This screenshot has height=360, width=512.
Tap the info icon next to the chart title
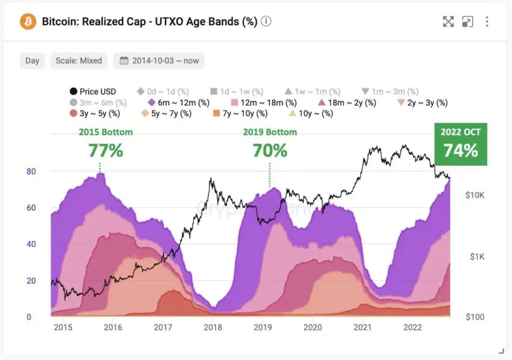(x=266, y=22)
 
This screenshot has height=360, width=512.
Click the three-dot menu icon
(x=487, y=22)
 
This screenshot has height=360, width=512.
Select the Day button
(x=33, y=61)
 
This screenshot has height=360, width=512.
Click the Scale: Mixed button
(x=78, y=61)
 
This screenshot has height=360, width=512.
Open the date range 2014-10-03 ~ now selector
(x=159, y=61)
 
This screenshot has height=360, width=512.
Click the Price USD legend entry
(x=93, y=92)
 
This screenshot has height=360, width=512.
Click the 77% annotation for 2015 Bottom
(x=105, y=150)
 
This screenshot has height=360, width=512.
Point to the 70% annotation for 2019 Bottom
(x=269, y=150)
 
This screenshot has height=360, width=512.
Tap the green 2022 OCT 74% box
(x=461, y=144)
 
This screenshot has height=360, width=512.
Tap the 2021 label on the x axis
(x=362, y=327)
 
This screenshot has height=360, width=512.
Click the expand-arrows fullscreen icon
(x=448, y=22)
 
